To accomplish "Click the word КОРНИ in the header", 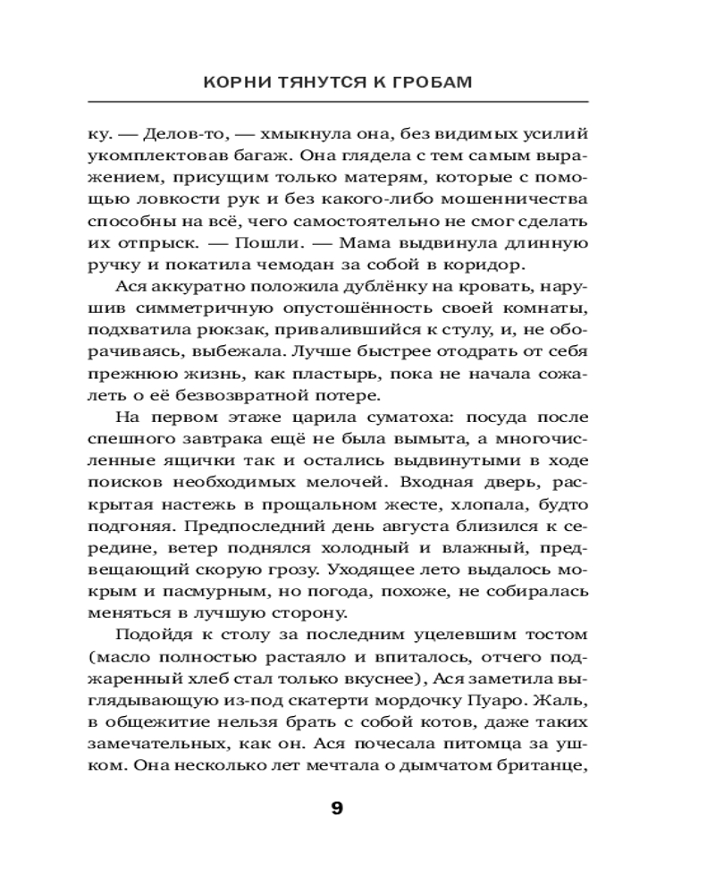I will pyautogui.click(x=232, y=82).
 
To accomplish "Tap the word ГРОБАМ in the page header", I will pyautogui.click(x=432, y=82).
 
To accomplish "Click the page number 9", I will pyautogui.click(x=337, y=808).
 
